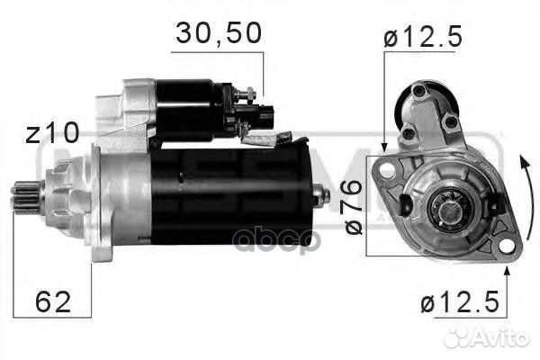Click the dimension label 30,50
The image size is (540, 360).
[x=219, y=33]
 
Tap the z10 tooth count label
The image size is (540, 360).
[x=51, y=133]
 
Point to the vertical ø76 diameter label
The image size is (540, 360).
[x=353, y=206]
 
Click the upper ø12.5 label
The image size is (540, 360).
[x=422, y=37]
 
